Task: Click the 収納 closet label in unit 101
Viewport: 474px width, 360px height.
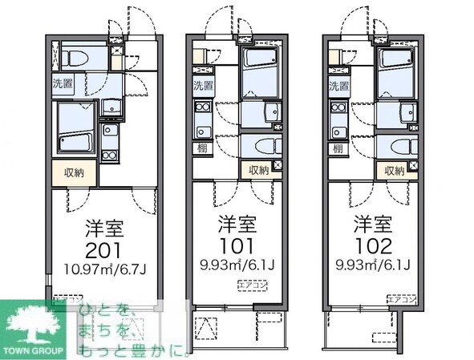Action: [258, 169]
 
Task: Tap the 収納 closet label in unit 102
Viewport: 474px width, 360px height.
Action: [393, 169]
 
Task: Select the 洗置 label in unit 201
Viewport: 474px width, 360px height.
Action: [63, 83]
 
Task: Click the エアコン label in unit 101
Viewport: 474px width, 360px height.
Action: [249, 285]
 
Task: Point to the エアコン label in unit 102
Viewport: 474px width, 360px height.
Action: [400, 299]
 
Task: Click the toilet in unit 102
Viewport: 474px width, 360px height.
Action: [394, 148]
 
